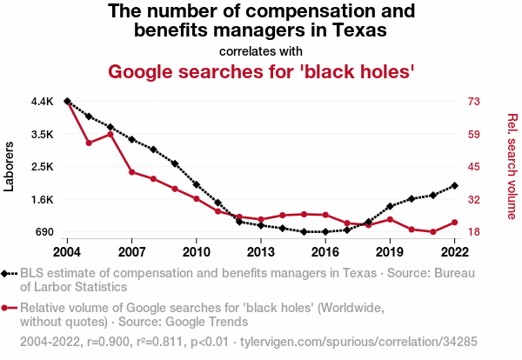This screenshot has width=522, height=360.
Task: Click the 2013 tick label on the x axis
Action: (261, 251)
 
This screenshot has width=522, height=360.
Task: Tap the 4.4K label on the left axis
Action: (43, 102)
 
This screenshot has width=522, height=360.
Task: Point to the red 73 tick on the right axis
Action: (473, 102)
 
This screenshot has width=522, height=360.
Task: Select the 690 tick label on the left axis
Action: (43, 232)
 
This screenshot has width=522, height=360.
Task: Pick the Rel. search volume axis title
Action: (512, 166)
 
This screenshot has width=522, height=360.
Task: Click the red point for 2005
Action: (89, 143)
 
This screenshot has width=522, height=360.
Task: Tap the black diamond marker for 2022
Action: (455, 185)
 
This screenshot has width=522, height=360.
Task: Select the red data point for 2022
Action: (455, 222)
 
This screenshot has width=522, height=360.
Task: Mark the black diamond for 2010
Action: (197, 184)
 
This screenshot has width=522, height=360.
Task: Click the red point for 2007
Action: (131, 172)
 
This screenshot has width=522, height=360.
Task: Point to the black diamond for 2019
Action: (390, 206)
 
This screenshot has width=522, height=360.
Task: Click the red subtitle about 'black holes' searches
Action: (260, 71)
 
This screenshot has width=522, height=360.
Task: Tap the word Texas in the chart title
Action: (357, 30)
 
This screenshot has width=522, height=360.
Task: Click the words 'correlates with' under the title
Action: (260, 50)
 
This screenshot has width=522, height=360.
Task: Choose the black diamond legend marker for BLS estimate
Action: (9, 273)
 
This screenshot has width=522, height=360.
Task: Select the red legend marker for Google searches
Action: (9, 308)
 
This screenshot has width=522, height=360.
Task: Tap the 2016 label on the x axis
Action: (325, 251)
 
